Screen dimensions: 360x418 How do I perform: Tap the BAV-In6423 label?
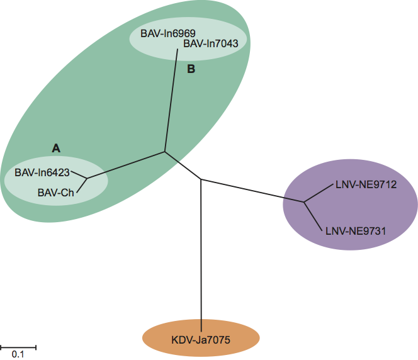[x=43, y=171]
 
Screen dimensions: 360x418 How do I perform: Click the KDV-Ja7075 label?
[x=201, y=340]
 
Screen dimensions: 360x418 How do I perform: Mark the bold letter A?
[x=55, y=148]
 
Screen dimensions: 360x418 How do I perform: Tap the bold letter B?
[x=191, y=69]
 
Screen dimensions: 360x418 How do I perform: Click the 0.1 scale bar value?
[x=18, y=354]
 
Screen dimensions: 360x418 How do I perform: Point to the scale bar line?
[x=18, y=346]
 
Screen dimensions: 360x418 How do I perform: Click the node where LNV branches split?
[x=304, y=202]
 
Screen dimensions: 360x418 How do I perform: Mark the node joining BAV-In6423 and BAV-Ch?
[x=87, y=178]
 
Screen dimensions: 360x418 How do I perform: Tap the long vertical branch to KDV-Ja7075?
[x=201, y=252]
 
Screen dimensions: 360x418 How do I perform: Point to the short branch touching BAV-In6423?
[x=79, y=174]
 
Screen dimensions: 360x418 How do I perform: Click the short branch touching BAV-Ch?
[x=82, y=185]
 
